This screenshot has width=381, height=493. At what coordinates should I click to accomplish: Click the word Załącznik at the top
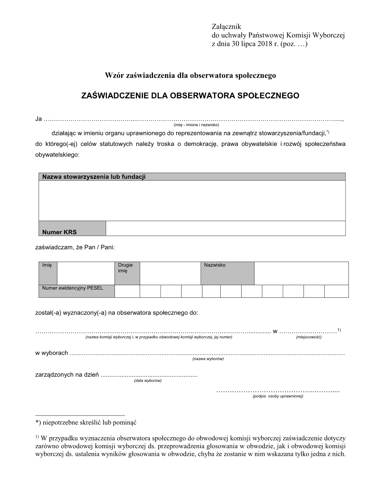coord(226,26)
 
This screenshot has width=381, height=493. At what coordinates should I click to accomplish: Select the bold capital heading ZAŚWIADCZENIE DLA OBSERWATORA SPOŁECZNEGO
coord(190,96)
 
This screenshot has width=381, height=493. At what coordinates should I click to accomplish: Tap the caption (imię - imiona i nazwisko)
coord(196,125)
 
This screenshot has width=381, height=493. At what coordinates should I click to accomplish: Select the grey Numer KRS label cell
coord(72,228)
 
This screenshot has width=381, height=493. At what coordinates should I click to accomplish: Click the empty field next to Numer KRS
coord(225,228)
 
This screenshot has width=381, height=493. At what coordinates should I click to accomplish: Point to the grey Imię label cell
coord(48,273)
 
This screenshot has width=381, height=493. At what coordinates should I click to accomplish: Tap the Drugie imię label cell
coord(127,273)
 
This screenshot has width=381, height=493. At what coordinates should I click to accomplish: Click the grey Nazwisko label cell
coord(227,273)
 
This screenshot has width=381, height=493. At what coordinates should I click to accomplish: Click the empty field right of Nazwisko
coord(301,273)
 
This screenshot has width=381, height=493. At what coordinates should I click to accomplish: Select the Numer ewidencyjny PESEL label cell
coord(77,291)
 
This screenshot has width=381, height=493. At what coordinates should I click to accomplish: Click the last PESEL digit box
coord(336,291)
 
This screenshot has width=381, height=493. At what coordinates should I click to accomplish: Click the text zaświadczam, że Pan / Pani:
coord(75,247)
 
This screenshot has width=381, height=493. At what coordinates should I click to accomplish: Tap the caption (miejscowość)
coord(308,337)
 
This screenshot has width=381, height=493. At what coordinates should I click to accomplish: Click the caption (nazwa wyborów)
coord(208,359)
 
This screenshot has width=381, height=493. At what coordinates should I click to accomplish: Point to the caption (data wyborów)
coord(148,381)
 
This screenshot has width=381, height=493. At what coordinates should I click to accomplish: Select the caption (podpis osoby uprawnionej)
coord(278,396)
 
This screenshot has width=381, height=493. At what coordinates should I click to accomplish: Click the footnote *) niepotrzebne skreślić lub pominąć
coord(86,422)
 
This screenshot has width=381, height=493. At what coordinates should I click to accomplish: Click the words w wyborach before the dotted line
coord(52,353)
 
